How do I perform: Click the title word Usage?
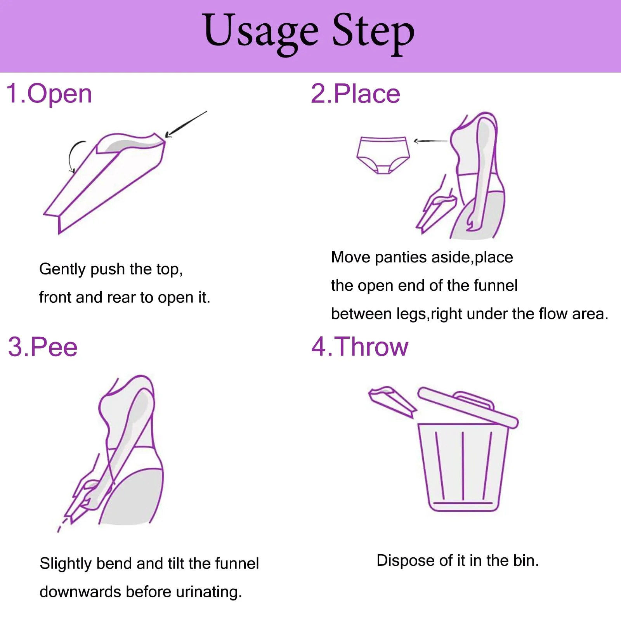pyautogui.click(x=261, y=33)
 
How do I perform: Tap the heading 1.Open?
pyautogui.click(x=49, y=94)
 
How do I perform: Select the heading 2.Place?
pyautogui.click(x=355, y=94)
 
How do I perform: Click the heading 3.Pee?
pyautogui.click(x=43, y=347)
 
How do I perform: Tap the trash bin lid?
pyautogui.click(x=468, y=408)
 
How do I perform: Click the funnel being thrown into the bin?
pyautogui.click(x=392, y=401)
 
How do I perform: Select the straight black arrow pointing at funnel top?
pyautogui.click(x=186, y=124)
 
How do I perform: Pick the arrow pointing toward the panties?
pyautogui.click(x=430, y=141)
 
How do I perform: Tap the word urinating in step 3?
pyautogui.click(x=209, y=592)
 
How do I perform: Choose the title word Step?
pyautogui.click(x=373, y=34)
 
